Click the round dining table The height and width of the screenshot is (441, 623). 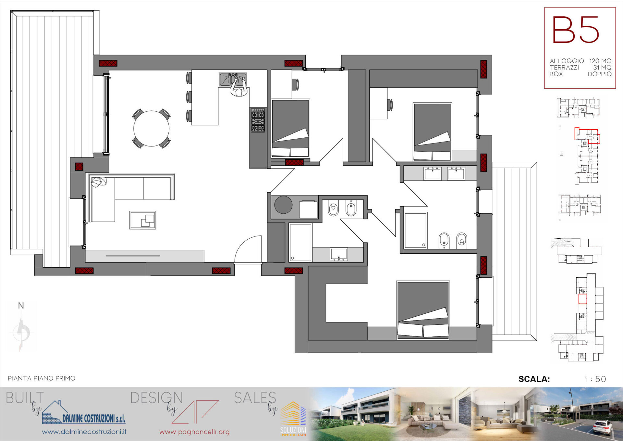[x=151, y=128]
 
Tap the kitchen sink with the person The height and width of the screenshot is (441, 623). [x=233, y=80]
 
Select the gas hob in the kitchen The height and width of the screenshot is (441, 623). [x=258, y=120]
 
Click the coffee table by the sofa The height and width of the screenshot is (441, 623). [x=142, y=220]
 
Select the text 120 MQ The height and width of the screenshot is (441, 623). [x=600, y=61]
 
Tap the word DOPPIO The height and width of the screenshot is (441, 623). [x=600, y=74]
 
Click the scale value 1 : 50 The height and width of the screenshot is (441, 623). [x=595, y=379]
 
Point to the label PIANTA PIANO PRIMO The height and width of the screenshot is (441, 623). [x=42, y=378]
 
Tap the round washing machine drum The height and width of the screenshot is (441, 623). [x=283, y=205]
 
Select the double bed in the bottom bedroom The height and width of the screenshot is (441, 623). [x=423, y=310]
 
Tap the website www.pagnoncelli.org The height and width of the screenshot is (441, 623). [x=194, y=432]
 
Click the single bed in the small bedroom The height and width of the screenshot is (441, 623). [x=290, y=128]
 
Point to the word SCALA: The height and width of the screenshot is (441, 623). [x=534, y=379]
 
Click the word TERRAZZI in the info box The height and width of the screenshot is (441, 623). [x=564, y=68]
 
